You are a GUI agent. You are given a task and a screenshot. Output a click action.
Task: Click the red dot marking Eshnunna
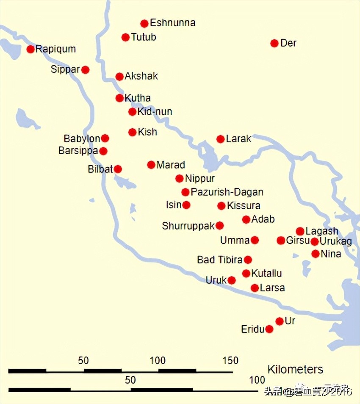[144, 23]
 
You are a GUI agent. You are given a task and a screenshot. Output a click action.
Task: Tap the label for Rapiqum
[55, 49]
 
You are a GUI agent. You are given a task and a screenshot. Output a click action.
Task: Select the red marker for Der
[274, 43]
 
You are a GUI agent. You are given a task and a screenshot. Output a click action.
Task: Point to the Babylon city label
[82, 138]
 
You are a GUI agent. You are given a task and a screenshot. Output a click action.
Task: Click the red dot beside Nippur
[180, 178]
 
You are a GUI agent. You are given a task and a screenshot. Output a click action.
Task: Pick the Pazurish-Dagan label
[227, 192]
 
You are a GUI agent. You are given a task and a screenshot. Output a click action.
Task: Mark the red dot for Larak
[220, 139]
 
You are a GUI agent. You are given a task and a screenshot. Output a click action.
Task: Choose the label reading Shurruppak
[188, 226]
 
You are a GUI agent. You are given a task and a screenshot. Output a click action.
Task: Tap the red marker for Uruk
[232, 280]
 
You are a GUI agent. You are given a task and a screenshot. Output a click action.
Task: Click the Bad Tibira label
[220, 260]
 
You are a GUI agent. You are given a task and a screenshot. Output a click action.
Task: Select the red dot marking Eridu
[269, 329]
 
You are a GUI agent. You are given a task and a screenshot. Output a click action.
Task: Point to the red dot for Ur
[280, 321]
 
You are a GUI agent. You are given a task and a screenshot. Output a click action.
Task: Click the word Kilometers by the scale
[295, 369]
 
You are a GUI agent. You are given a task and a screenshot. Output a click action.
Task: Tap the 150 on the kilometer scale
[231, 361]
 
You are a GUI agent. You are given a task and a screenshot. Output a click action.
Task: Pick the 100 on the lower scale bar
[257, 380]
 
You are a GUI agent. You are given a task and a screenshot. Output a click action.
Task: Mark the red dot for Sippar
[86, 69]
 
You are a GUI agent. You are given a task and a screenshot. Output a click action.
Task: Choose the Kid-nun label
[155, 112]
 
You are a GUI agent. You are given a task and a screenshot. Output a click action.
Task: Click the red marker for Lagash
[300, 231]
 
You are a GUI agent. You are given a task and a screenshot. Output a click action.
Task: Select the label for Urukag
[336, 242]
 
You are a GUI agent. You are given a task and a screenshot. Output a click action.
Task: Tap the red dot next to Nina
[316, 254]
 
